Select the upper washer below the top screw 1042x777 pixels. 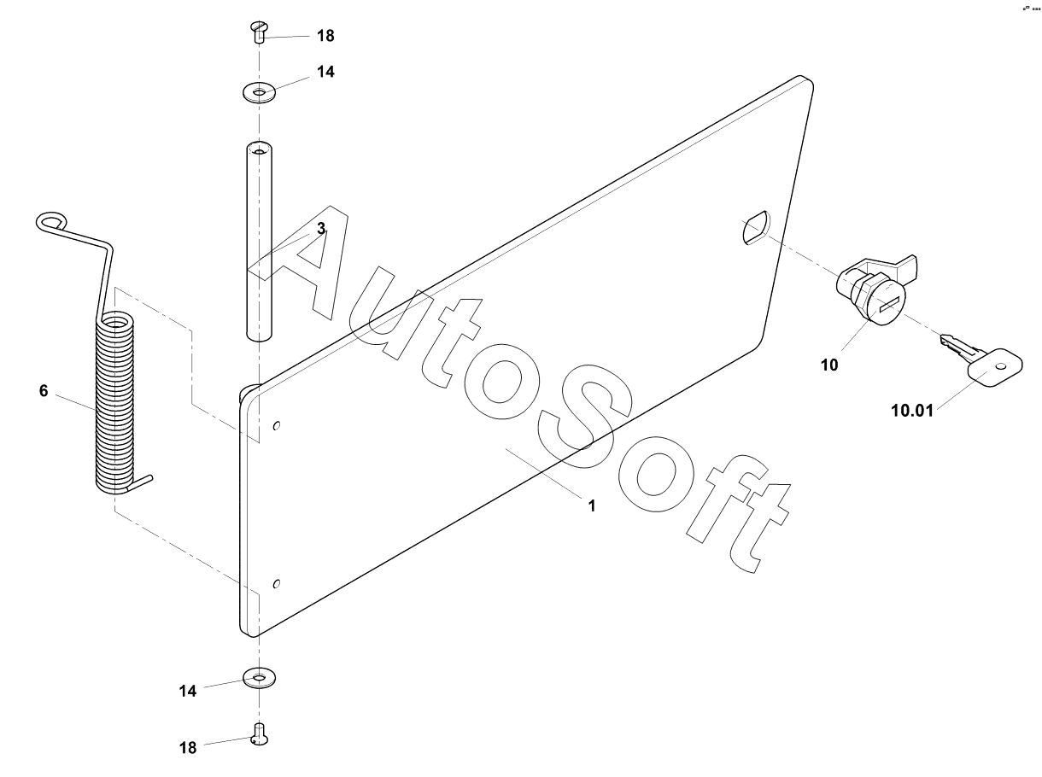pos(259,91)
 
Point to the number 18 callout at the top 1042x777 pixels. pos(325,37)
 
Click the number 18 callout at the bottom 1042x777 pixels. pos(188,748)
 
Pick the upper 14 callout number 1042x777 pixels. pos(325,73)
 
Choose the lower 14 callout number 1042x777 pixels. pos(188,690)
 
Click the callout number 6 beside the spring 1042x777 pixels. pos(44,391)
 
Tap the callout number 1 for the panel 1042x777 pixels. pos(591,505)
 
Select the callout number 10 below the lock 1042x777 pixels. pos(829,365)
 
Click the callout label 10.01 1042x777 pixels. pos(912,411)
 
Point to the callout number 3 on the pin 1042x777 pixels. pos(321,229)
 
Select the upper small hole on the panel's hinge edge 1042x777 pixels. pos(276,426)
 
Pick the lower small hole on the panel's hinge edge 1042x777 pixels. pos(276,584)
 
